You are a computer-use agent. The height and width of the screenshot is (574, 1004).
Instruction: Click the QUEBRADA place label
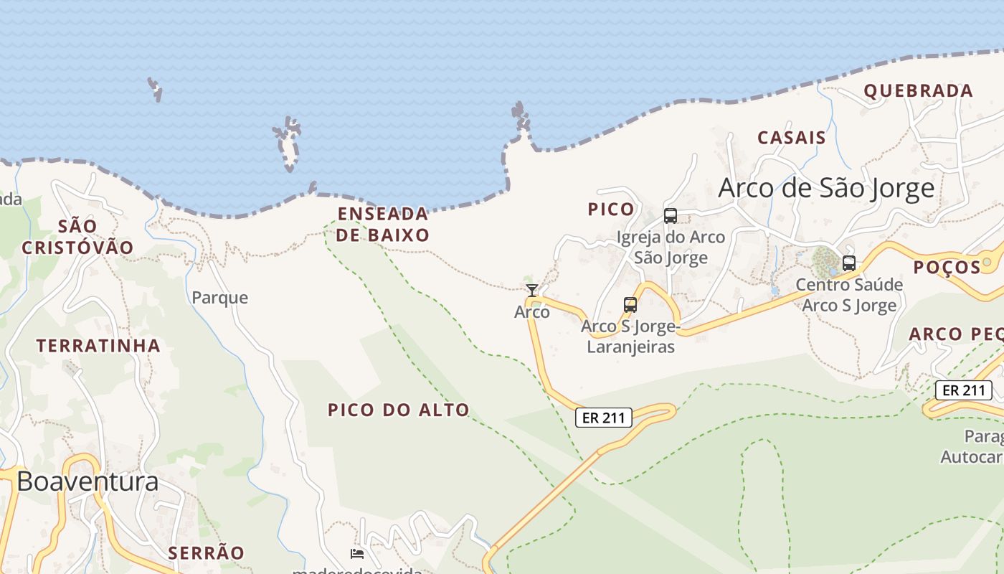coord(918,91)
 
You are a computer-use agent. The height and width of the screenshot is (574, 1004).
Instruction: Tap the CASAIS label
coord(792,138)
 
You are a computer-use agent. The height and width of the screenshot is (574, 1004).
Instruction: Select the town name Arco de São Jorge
coord(826,188)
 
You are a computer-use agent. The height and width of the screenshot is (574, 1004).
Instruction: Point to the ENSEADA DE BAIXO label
coord(383,224)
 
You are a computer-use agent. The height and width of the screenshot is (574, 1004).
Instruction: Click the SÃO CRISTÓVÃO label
coord(77,237)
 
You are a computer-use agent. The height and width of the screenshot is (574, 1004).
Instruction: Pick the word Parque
coord(219,297)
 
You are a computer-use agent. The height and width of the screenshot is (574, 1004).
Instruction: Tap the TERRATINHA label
coord(98,346)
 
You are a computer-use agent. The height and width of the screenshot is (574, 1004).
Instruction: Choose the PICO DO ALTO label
coord(399,410)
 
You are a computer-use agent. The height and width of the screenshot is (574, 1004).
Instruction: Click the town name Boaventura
coord(87,481)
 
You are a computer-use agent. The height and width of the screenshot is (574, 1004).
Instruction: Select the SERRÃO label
coord(206,552)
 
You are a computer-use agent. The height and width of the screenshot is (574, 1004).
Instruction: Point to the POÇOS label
coord(947,268)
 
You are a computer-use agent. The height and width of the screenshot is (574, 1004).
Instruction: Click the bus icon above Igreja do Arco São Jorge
coord(671,216)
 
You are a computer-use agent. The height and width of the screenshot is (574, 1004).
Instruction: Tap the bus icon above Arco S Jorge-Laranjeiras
coord(630,305)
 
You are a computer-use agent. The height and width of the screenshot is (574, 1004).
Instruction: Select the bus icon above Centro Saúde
coord(849,263)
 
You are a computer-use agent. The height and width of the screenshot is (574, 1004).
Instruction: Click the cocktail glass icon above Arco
coord(531,290)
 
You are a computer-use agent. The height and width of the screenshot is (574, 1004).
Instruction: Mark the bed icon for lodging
coord(356,553)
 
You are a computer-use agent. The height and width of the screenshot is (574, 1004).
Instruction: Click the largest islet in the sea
coord(288,143)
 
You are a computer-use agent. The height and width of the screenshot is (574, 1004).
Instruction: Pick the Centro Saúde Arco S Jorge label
coord(849,295)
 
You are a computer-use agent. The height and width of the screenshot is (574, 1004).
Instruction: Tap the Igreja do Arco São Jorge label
coord(671,247)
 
